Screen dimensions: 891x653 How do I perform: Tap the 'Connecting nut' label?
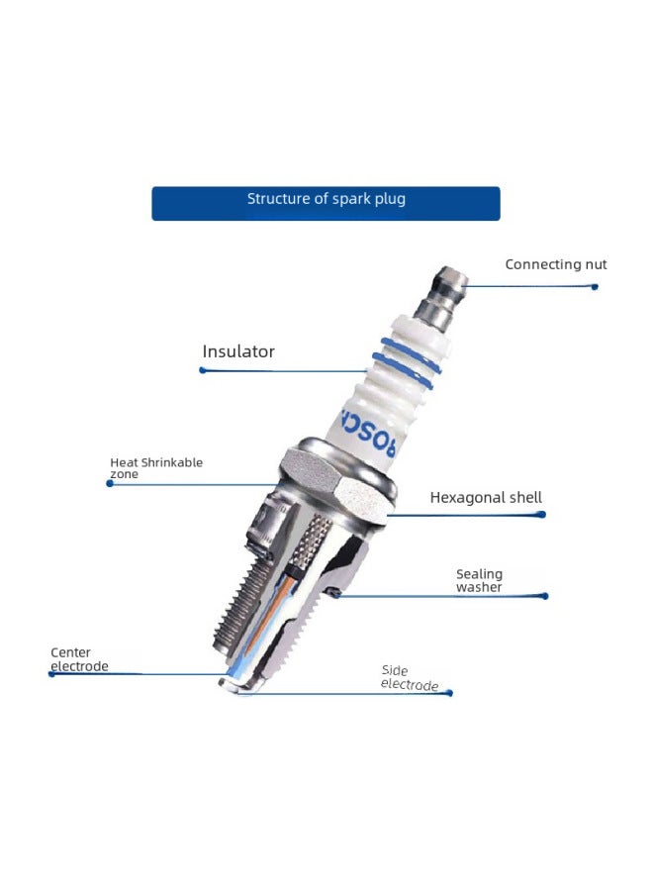tap(555, 264)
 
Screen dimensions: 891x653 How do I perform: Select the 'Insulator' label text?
tap(238, 351)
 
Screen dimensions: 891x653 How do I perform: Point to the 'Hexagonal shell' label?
tap(486, 498)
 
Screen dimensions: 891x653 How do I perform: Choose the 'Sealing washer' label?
tap(479, 580)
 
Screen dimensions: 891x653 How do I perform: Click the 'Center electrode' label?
tap(79, 659)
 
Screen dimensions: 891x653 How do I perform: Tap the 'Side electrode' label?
tap(409, 678)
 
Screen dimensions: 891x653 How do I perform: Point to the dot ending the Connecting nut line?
tap(595, 286)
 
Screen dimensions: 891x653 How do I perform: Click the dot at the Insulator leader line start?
tap(202, 370)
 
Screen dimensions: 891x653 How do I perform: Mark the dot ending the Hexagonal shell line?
tap(543, 515)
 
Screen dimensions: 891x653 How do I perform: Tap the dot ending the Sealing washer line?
tap(545, 596)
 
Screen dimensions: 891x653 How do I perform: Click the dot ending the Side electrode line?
tap(450, 693)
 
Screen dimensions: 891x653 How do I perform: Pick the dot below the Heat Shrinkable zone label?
tap(109, 484)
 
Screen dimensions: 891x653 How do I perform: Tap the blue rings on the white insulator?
tap(408, 362)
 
